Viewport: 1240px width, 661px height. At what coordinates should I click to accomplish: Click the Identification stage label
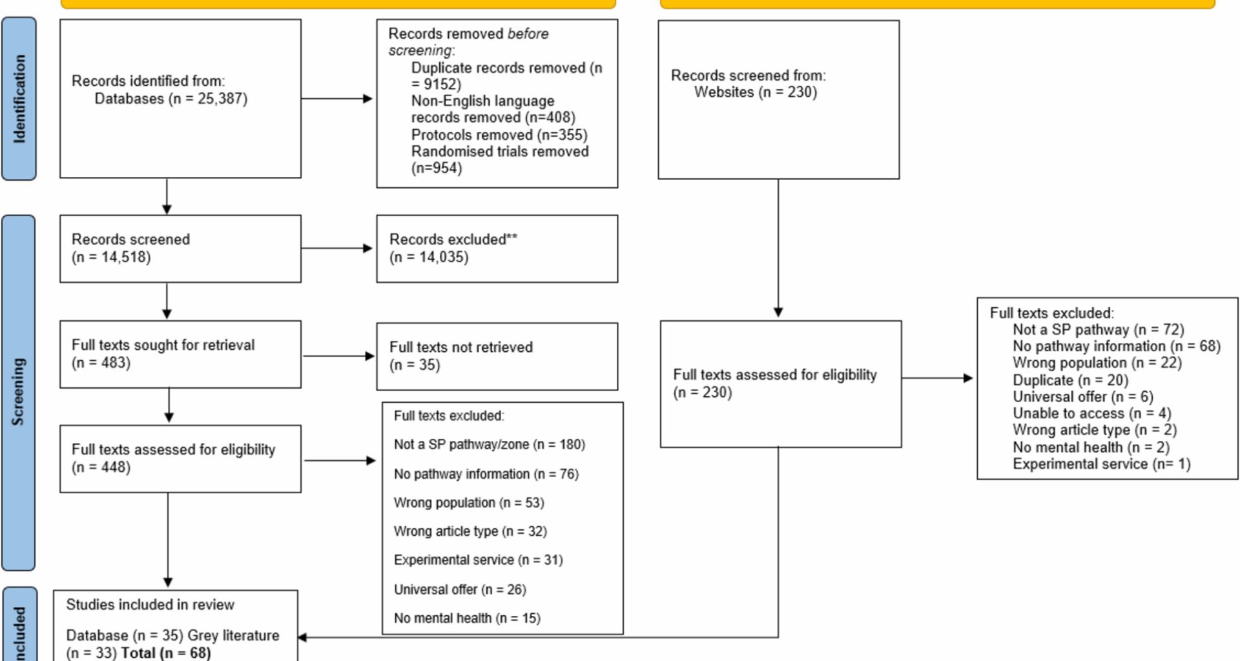coord(19,99)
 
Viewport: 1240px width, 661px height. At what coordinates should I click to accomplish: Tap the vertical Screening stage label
coord(18,392)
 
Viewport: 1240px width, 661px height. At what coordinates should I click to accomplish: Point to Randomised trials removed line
coord(500,152)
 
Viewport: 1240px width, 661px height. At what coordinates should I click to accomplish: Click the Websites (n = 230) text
coord(755,92)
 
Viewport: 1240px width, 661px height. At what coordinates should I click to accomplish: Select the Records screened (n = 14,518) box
coord(180,249)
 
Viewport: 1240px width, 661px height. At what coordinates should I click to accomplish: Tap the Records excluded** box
coord(497,249)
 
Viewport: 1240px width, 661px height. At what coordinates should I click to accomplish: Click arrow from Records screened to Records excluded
coord(337,249)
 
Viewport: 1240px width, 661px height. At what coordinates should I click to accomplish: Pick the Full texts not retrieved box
coord(497,356)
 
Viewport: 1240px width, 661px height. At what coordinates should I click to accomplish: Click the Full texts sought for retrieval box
coord(180,354)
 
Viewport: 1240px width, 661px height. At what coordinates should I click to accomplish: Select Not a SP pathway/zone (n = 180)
coord(489,445)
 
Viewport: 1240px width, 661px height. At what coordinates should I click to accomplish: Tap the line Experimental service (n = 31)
coord(478,560)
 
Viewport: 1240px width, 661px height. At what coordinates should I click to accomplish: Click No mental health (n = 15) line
coord(467,618)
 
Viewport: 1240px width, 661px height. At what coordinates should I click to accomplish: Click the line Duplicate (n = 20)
coord(1070,380)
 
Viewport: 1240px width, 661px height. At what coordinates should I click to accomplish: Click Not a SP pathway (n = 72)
coord(1098,330)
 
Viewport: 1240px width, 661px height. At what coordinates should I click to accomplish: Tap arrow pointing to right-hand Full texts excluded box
coord(938,378)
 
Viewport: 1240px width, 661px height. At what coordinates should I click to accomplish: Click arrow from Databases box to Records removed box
coord(337,99)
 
